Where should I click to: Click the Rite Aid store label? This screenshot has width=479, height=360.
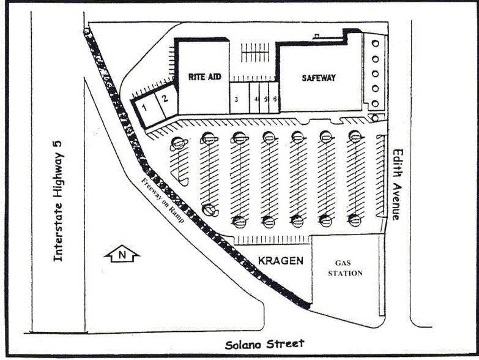click(204, 77)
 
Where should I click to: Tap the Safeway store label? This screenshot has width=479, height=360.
click(318, 78)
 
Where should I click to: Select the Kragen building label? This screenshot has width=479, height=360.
click(280, 261)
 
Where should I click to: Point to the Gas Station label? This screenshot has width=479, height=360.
click(345, 268)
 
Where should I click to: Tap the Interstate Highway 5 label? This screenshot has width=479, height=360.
click(58, 200)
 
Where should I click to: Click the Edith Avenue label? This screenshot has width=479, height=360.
click(398, 184)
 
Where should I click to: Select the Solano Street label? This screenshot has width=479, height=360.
click(264, 345)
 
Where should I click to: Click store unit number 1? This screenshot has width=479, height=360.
click(145, 108)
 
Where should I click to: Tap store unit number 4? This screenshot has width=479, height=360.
click(256, 99)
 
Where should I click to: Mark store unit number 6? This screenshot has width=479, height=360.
click(275, 99)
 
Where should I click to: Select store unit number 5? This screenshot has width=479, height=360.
click(266, 99)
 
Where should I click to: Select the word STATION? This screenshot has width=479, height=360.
click(345, 273)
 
